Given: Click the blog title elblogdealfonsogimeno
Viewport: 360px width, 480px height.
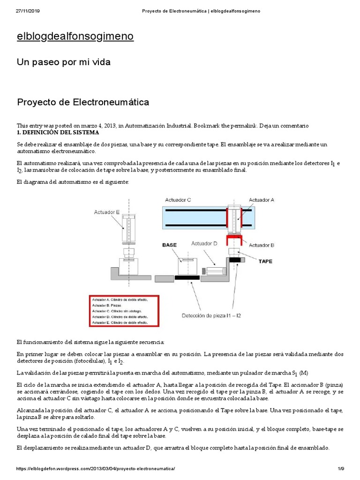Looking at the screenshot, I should tap(75, 37).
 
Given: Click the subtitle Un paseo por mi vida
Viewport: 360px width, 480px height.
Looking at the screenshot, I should tap(64, 62).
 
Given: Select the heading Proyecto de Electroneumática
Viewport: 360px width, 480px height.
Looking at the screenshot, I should tap(83, 102).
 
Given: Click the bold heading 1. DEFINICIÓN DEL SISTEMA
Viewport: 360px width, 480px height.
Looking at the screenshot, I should tap(55, 132).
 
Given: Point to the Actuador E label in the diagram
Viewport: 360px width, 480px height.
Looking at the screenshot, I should tap(107, 212).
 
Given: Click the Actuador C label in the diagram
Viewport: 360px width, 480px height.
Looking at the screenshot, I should tap(178, 200).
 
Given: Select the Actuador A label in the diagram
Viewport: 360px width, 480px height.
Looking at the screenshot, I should tap(261, 200).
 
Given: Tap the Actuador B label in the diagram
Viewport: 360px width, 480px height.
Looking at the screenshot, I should tap(261, 245).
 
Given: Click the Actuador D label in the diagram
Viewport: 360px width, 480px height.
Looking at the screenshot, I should tap(204, 243).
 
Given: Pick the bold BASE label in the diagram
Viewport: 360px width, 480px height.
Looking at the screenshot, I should tap(169, 245).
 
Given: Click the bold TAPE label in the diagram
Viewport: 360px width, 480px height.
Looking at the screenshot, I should tap(265, 261).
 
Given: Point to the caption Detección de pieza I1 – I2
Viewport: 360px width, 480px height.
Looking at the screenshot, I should tap(211, 315).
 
